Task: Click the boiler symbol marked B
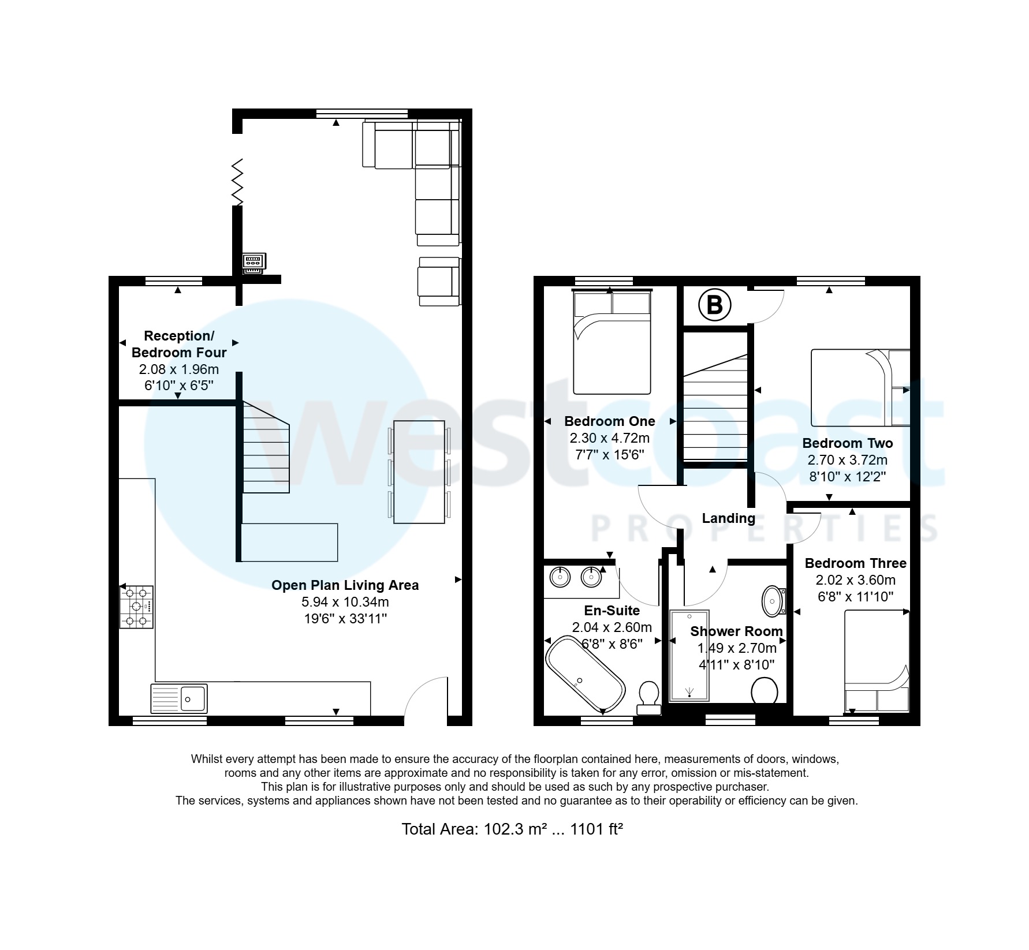coord(714,305)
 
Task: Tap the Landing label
coord(728,518)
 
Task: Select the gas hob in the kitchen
coord(137,607)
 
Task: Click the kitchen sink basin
coord(193,699)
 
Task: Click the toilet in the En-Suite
coord(649,697)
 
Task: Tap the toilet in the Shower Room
coord(765,690)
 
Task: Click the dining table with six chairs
coord(419,472)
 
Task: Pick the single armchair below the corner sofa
coord(439,281)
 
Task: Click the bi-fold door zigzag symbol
coord(237,182)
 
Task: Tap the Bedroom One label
coord(609,421)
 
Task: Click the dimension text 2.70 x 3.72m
coord(847,460)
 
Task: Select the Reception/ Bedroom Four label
coord(179,344)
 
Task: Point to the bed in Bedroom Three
coord(877,660)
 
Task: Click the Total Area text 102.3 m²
coord(512,829)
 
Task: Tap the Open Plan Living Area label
coord(345,585)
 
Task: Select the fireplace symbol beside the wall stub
coord(254,264)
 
